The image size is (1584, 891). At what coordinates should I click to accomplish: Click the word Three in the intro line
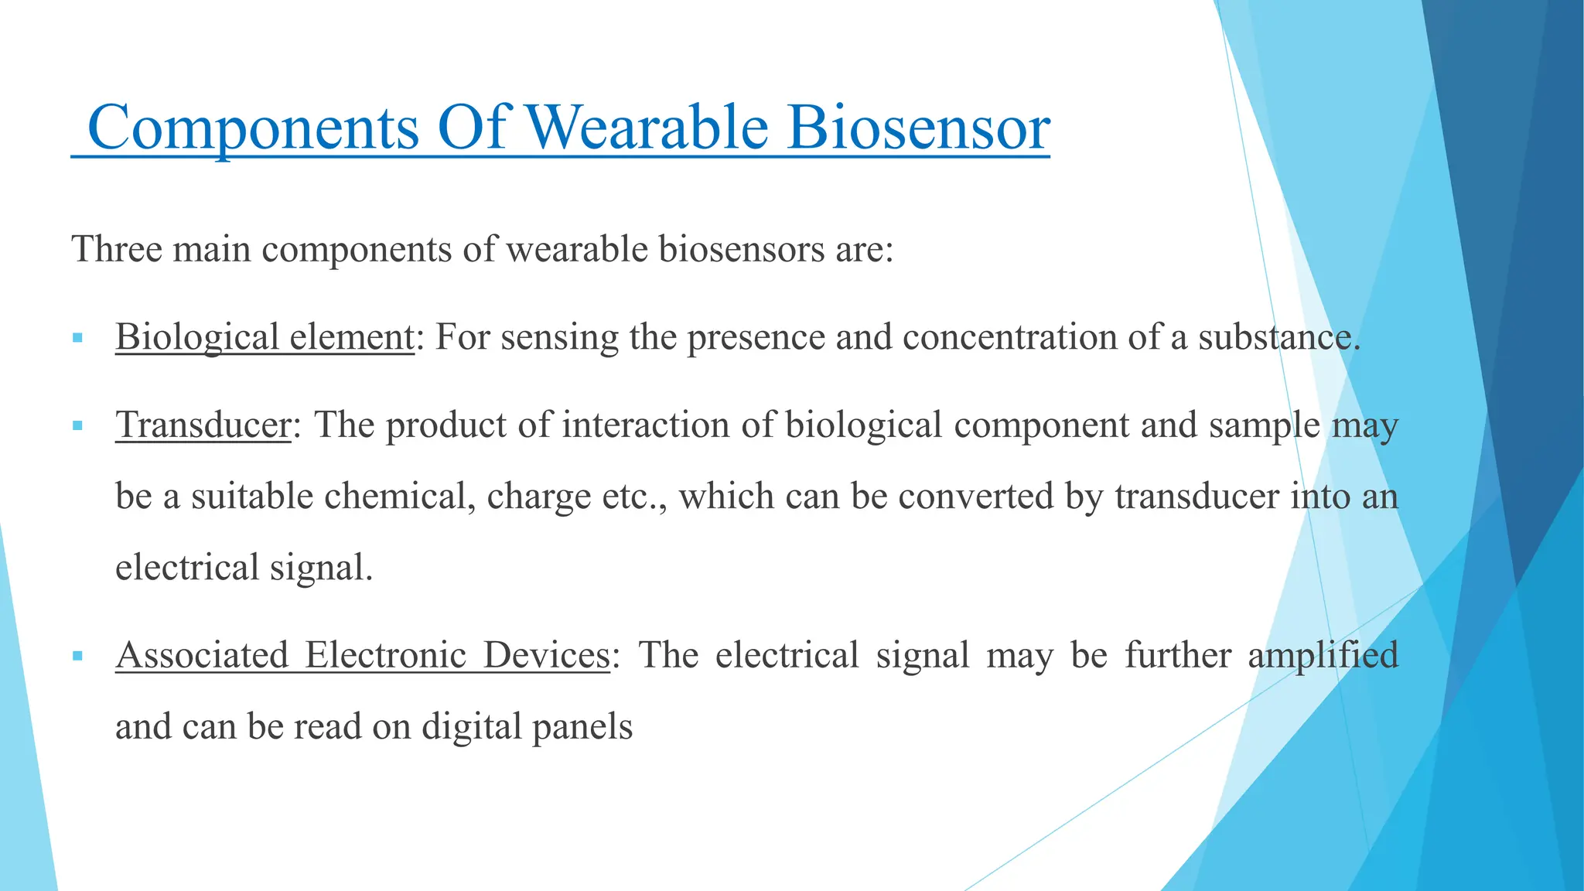coord(117,250)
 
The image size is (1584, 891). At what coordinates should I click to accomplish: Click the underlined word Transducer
coord(203,425)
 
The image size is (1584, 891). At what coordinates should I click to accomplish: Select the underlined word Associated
coord(202,655)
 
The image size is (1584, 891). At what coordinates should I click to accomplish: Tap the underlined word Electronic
coord(385,655)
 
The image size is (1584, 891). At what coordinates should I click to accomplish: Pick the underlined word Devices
coord(546,655)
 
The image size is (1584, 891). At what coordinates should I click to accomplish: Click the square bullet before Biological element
coord(77,338)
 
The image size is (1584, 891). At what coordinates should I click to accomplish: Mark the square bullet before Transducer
coord(77,425)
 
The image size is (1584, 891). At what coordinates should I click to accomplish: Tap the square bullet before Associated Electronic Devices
coord(77,656)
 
